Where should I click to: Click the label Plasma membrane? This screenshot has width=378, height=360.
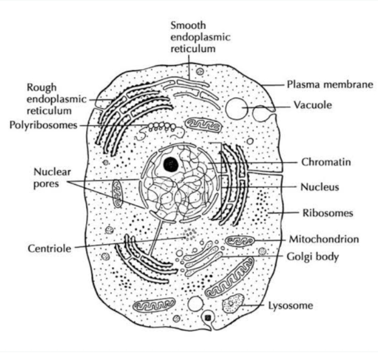click(329, 85)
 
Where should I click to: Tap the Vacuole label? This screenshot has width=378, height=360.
click(313, 105)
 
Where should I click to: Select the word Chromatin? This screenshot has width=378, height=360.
click(326, 161)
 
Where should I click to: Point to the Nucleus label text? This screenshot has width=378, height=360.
click(320, 187)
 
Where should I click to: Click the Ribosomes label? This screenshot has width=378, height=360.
click(328, 213)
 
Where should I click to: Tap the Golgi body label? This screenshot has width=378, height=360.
click(313, 257)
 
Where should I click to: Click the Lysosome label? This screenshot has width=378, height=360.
click(291, 306)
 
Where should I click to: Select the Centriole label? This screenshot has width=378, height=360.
click(50, 249)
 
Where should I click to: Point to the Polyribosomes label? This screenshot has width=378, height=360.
click(44, 125)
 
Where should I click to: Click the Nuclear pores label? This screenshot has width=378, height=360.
click(50, 178)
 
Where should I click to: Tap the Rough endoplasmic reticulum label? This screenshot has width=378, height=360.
click(49, 99)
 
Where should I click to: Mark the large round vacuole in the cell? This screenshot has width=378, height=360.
click(236, 108)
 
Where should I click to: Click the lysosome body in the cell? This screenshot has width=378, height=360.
click(232, 304)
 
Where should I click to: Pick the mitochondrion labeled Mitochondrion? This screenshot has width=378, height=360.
click(239, 241)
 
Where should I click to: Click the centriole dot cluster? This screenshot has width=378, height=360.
click(191, 234)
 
